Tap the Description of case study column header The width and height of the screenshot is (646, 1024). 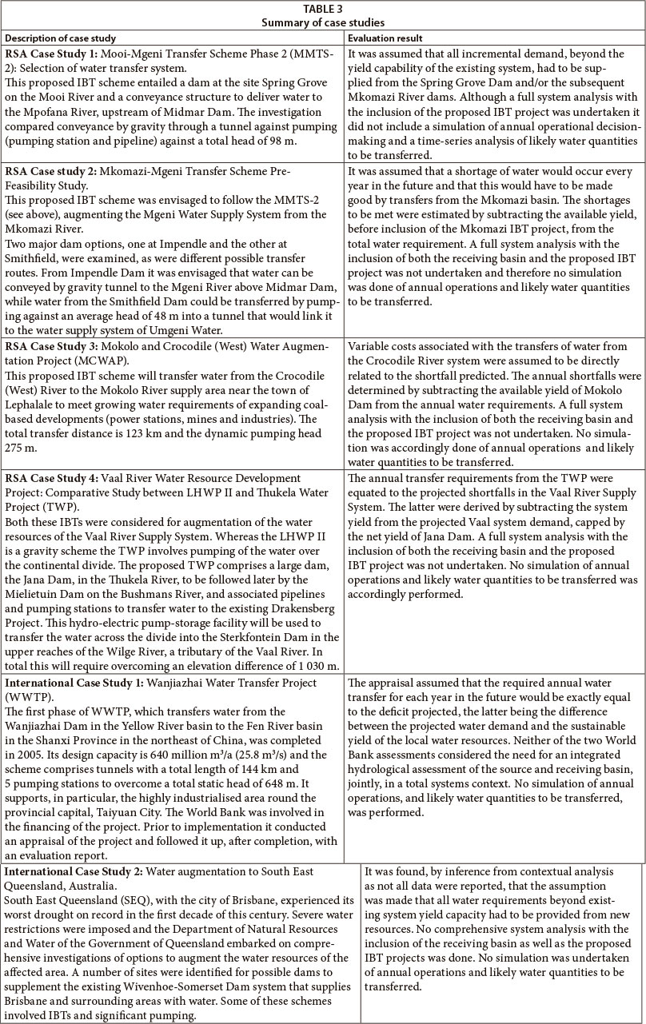(61, 38)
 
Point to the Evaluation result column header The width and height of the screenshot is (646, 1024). (385, 38)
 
